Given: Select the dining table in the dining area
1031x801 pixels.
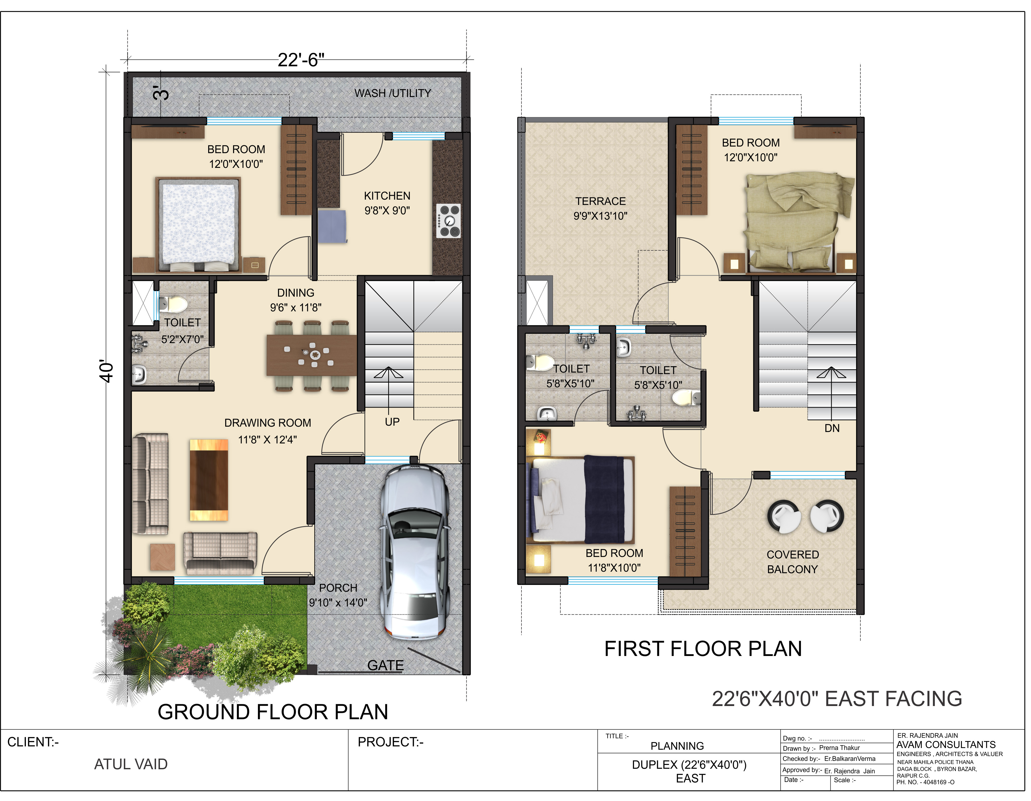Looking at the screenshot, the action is tap(312, 355).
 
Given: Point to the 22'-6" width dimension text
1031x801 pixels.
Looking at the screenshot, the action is tap(301, 60).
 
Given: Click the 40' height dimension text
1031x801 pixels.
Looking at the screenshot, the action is tap(107, 372).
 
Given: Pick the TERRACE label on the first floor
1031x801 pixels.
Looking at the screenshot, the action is tap(600, 201).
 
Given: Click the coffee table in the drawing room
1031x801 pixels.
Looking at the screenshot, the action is tap(209, 480).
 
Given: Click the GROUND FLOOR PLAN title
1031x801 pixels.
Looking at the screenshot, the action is tap(273, 712).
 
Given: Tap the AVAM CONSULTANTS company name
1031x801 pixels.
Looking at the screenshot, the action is tap(946, 745).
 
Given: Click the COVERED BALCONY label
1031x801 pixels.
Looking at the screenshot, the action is tap(793, 562).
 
